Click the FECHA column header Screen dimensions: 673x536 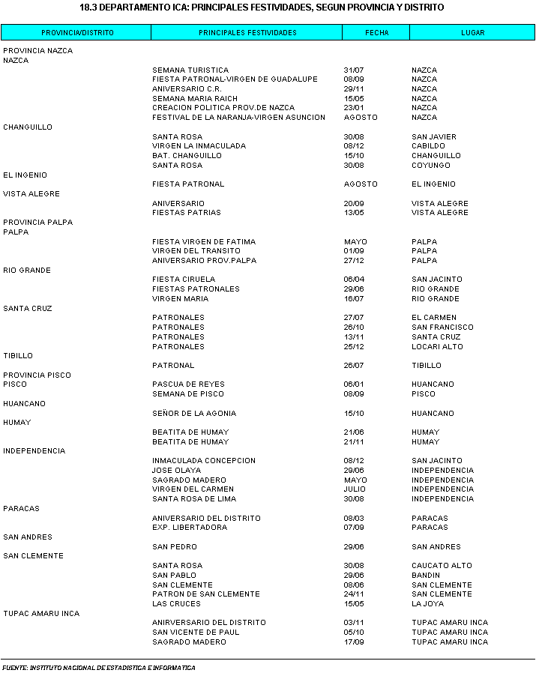point(376,33)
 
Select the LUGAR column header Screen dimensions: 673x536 point(472,33)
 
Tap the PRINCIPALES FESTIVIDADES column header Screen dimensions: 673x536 point(247,33)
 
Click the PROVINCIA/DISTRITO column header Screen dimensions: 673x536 point(77,33)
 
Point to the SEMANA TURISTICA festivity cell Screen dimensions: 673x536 point(190,70)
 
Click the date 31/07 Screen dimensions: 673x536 point(353,70)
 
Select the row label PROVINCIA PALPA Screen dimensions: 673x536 point(38,223)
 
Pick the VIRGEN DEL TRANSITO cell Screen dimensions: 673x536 point(196,251)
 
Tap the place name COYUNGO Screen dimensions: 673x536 point(431,166)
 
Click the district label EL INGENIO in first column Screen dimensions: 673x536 point(25,175)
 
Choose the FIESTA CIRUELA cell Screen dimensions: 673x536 point(184,280)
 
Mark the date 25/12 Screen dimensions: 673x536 point(353,347)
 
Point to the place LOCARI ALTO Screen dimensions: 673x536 point(437,347)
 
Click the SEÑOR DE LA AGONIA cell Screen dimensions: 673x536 point(194,414)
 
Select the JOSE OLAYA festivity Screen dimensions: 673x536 point(177,471)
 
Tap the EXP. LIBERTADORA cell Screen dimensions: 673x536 point(190,528)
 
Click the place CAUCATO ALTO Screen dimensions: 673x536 point(442,566)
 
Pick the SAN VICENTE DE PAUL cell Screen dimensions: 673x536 point(196,633)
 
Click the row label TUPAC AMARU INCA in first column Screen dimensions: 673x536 point(41,614)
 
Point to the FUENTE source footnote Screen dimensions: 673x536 point(98,668)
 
